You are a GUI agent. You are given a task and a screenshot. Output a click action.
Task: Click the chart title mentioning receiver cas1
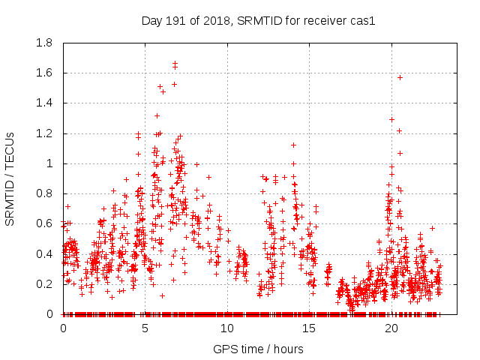tap(258, 20)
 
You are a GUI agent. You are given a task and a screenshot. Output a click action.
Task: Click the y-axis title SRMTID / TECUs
tap(10, 178)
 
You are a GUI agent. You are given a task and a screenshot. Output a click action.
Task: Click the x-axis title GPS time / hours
tap(258, 349)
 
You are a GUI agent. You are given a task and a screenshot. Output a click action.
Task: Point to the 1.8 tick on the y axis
tap(45, 43)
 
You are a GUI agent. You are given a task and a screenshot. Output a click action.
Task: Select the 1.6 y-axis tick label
tap(45, 73)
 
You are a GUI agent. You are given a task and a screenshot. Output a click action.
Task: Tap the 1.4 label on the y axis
tap(45, 103)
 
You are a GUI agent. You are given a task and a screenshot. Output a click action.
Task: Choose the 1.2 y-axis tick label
tap(45, 133)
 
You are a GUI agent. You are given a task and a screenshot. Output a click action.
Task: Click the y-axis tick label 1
tap(49, 163)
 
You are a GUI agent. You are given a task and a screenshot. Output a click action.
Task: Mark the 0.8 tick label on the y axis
tap(45, 193)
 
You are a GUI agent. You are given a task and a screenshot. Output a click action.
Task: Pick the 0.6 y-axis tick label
tap(45, 223)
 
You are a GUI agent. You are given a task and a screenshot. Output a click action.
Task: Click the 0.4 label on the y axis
tap(45, 253)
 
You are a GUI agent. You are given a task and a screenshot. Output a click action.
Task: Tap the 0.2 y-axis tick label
tap(45, 284)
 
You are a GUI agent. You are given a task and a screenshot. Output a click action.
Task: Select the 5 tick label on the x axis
tap(145, 328)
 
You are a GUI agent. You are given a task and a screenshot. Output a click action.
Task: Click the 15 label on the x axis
tap(310, 328)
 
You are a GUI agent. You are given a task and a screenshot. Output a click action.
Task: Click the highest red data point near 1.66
tap(175, 63)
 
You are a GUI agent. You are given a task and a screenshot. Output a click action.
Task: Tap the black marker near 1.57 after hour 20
tap(400, 77)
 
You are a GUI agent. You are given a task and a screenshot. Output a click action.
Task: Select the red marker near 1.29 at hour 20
tap(391, 119)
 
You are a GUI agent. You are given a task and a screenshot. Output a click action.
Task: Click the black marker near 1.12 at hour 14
tap(293, 145)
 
